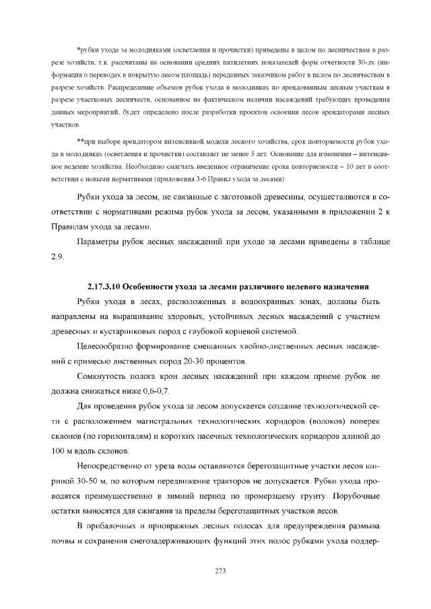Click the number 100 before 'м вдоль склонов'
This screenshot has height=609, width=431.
(x=59, y=452)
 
